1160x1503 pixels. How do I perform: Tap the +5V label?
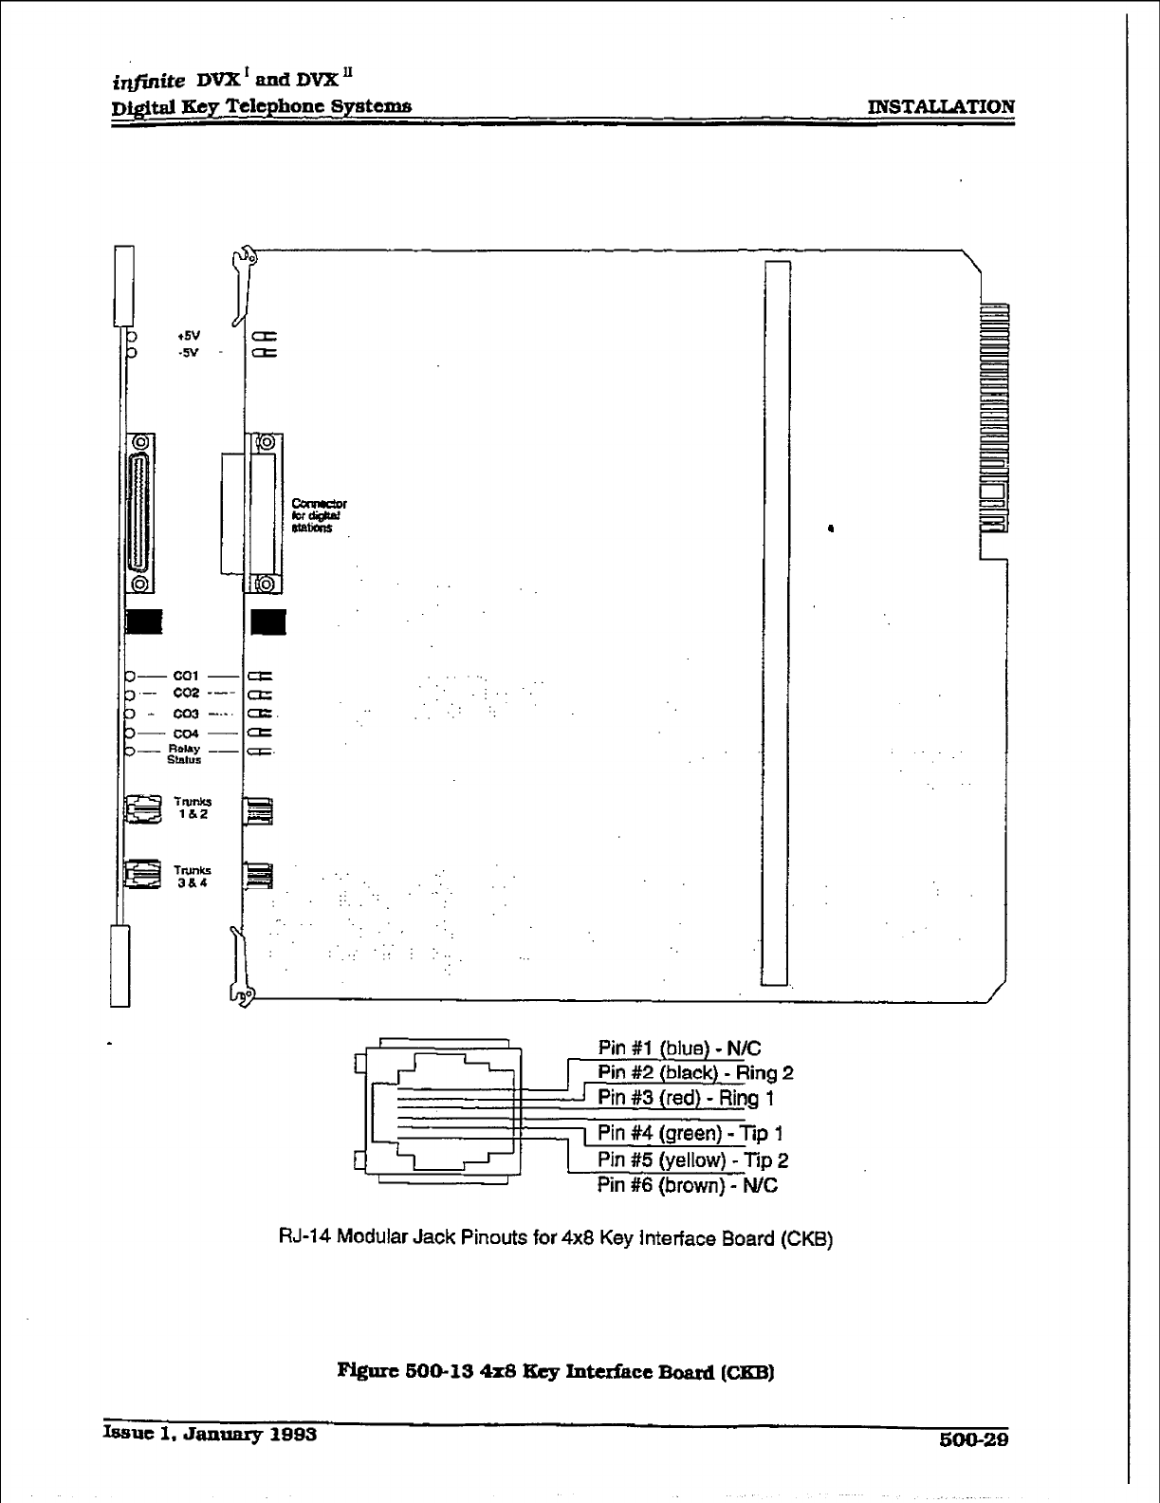tap(188, 336)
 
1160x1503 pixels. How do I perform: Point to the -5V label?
tap(188, 353)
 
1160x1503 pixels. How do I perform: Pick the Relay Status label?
tap(185, 753)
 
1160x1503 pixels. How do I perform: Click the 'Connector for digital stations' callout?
tap(319, 515)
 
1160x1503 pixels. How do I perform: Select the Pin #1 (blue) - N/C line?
tap(678, 1048)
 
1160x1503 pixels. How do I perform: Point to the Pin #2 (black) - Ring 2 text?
tap(694, 1073)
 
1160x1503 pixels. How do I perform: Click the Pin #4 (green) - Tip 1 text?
tap(690, 1133)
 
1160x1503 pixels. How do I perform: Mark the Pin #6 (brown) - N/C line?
tap(687, 1185)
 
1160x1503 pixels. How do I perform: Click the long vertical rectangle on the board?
tap(777, 622)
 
